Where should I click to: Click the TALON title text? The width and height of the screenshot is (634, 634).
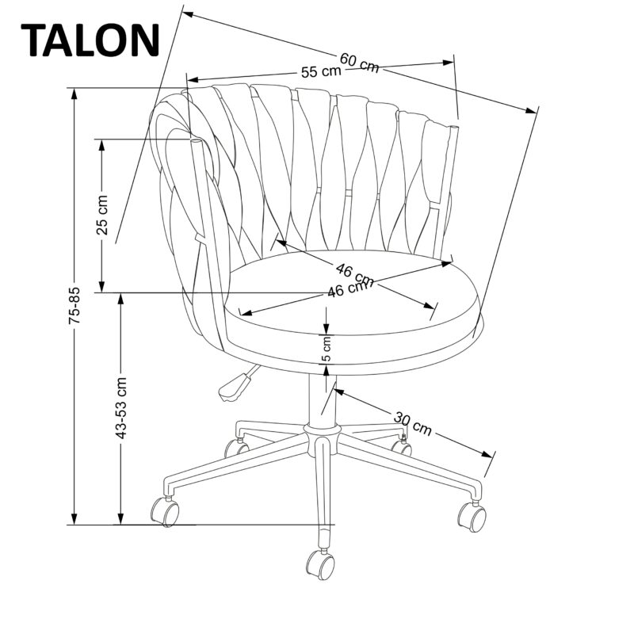click(x=93, y=40)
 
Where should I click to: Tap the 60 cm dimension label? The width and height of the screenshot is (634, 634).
click(x=359, y=61)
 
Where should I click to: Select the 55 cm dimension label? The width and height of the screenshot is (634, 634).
click(x=321, y=71)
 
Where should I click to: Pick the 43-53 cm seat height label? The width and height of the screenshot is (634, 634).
click(x=120, y=407)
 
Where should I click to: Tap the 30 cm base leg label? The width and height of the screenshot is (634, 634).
click(x=412, y=423)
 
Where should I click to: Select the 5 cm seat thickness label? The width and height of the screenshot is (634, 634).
click(x=327, y=347)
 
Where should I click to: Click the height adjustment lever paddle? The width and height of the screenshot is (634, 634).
click(x=232, y=387)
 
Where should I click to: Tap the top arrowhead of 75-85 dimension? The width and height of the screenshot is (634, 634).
click(x=74, y=90)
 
